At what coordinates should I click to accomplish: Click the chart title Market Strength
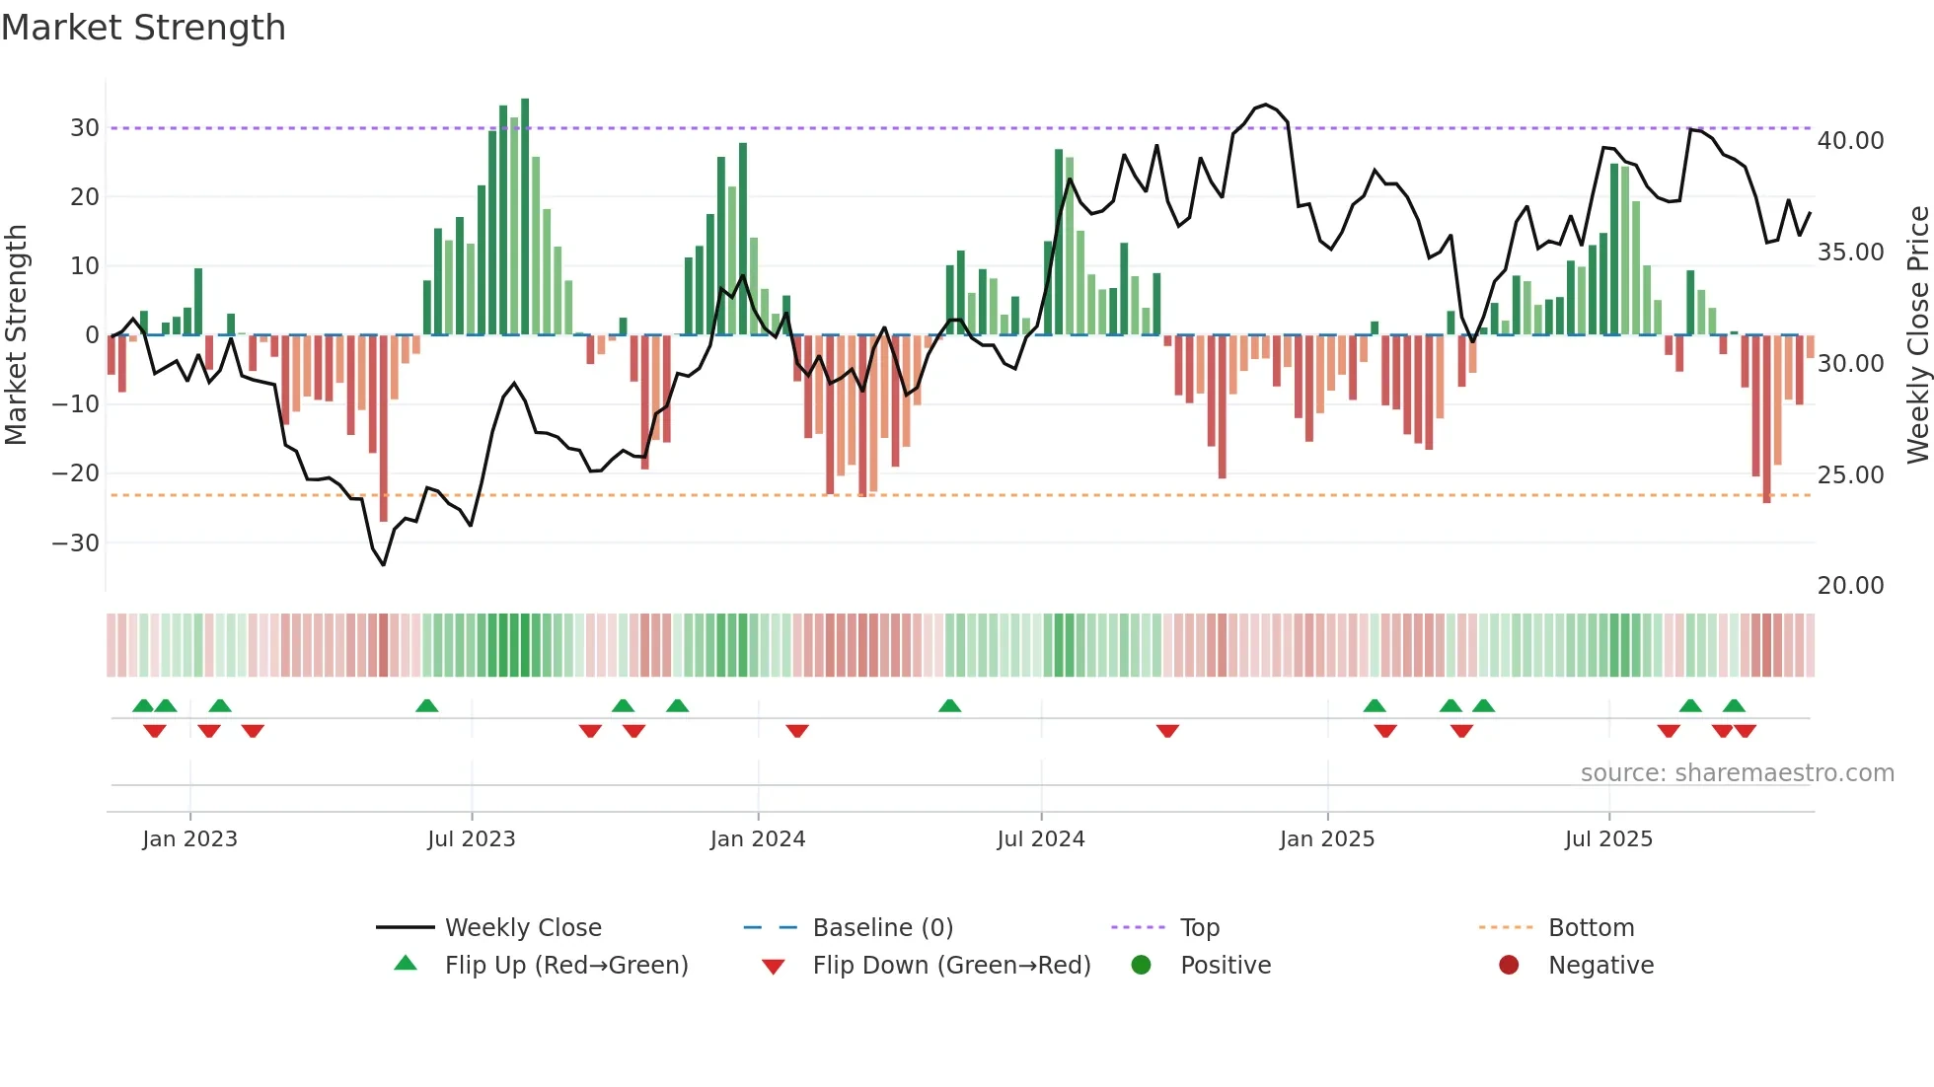click(x=143, y=28)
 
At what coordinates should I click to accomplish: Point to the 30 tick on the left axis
click(x=85, y=128)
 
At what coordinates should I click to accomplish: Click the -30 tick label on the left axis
click(x=76, y=543)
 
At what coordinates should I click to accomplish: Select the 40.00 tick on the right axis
click(x=1850, y=141)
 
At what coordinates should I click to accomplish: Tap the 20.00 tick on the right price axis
click(x=1850, y=586)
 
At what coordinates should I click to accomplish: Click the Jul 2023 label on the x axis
click(x=471, y=839)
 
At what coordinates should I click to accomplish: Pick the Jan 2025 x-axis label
click(x=1326, y=839)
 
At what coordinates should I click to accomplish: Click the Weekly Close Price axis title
click(x=1917, y=335)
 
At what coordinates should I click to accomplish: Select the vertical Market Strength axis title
click(x=16, y=335)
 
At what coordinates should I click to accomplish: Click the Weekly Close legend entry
click(x=522, y=928)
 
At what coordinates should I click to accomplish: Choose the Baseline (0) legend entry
click(x=882, y=928)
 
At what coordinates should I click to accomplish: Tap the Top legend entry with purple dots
click(x=1199, y=928)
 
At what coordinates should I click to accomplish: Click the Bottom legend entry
click(x=1591, y=928)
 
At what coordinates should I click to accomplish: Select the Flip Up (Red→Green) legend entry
click(x=565, y=966)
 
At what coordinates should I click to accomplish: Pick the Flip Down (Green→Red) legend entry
click(x=951, y=966)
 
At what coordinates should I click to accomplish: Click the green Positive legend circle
click(x=1142, y=966)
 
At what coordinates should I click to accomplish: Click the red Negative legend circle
click(x=1509, y=966)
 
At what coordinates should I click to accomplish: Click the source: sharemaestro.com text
click(x=1737, y=773)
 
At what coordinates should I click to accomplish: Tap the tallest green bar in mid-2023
click(x=525, y=217)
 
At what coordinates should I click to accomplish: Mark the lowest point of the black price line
click(x=384, y=564)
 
